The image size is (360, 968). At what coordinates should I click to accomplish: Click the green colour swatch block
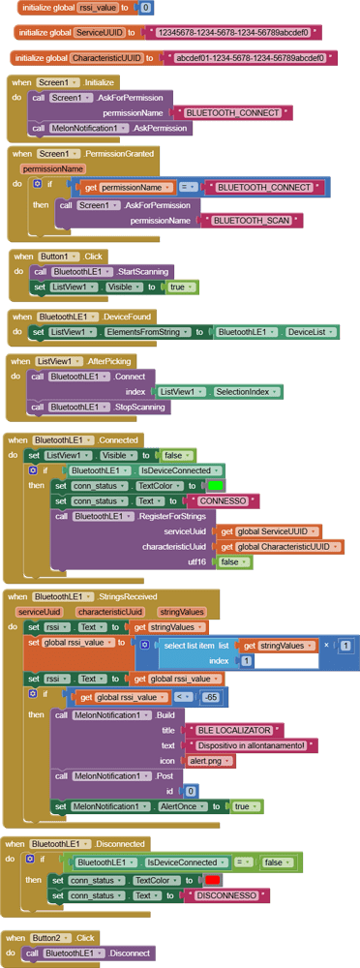click(215, 485)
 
